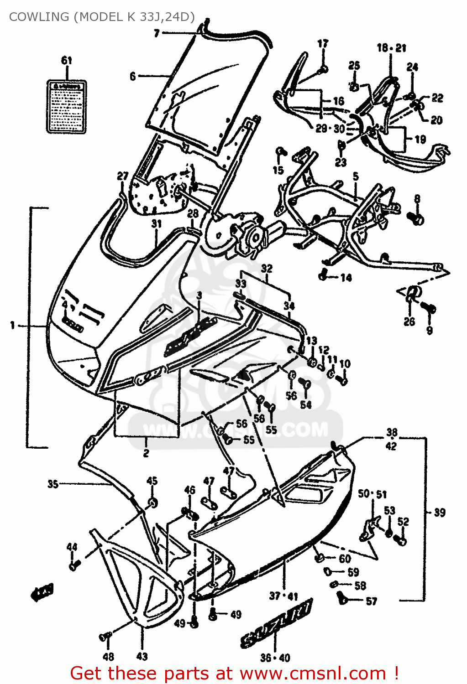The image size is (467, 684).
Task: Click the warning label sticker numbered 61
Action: click(x=67, y=107)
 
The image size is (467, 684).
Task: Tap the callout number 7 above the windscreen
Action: click(x=157, y=33)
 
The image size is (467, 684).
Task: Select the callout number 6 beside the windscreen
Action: click(x=133, y=76)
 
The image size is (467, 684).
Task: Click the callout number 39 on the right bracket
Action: click(x=439, y=513)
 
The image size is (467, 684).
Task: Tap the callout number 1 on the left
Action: click(x=13, y=326)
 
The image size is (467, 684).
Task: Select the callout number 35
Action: click(x=53, y=484)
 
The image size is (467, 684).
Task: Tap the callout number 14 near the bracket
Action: click(x=346, y=277)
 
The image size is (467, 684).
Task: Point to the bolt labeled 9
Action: click(x=429, y=309)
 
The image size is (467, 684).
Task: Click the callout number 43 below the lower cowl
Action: click(x=142, y=656)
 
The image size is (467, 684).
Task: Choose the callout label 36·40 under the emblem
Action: click(x=275, y=658)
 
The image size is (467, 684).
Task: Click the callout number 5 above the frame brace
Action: click(x=356, y=176)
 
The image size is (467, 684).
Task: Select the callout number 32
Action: click(x=267, y=268)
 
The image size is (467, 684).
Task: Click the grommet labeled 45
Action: click(x=152, y=503)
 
